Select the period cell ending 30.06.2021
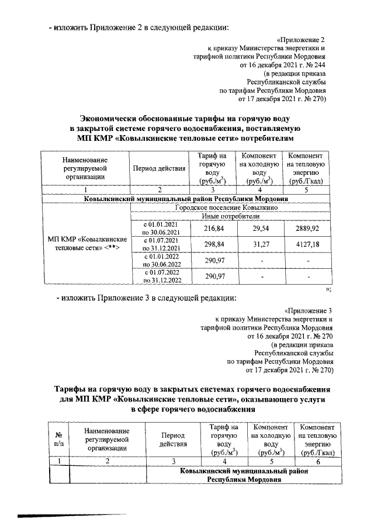tap(160, 227)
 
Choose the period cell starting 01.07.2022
tap(160, 275)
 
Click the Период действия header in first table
tap(160, 168)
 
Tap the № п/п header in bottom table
tap(58, 440)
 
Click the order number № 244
tap(315, 66)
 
